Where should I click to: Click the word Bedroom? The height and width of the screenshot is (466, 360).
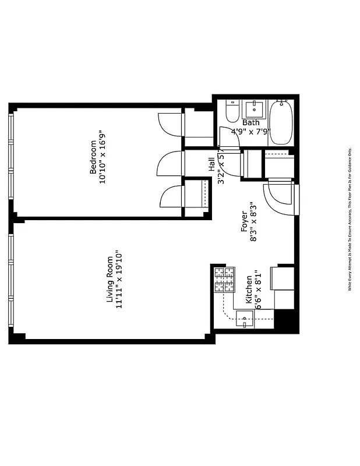pyautogui.click(x=93, y=157)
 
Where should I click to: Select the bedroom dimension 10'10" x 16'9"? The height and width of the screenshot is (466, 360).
pyautogui.click(x=103, y=157)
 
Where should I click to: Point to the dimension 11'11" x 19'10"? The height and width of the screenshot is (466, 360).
pyautogui.click(x=119, y=280)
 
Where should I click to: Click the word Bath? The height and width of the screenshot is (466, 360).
pyautogui.click(x=251, y=123)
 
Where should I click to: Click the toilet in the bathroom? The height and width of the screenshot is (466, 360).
pyautogui.click(x=232, y=111)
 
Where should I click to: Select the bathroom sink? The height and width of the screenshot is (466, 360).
pyautogui.click(x=254, y=109)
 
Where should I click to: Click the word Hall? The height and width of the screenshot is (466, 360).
pyautogui.click(x=211, y=165)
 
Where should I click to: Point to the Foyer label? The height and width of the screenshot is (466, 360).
pyautogui.click(x=244, y=222)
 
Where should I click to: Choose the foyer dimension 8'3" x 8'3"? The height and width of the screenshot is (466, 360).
pyautogui.click(x=253, y=222)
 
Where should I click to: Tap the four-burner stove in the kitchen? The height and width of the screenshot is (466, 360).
pyautogui.click(x=224, y=280)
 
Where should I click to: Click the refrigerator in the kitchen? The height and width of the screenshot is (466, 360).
pyautogui.click(x=284, y=287)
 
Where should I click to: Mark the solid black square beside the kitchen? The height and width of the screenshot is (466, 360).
pyautogui.click(x=285, y=320)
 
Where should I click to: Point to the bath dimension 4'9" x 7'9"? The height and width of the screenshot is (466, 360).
pyautogui.click(x=251, y=131)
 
